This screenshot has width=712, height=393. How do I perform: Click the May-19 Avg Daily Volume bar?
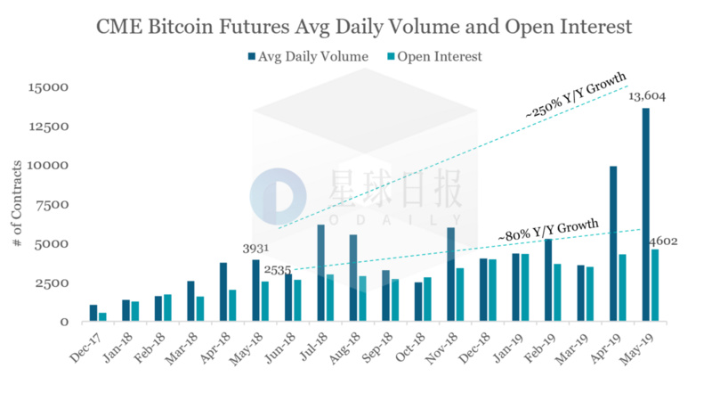pyautogui.click(x=645, y=214)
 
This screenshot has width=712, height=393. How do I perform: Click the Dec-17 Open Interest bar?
pyautogui.click(x=102, y=316)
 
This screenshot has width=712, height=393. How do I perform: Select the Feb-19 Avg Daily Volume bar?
pyautogui.click(x=548, y=280)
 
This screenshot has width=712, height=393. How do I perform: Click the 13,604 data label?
pyautogui.click(x=647, y=96)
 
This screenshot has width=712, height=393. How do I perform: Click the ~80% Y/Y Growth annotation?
pyautogui.click(x=549, y=229)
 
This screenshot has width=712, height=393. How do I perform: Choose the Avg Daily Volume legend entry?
pyautogui.click(x=308, y=57)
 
